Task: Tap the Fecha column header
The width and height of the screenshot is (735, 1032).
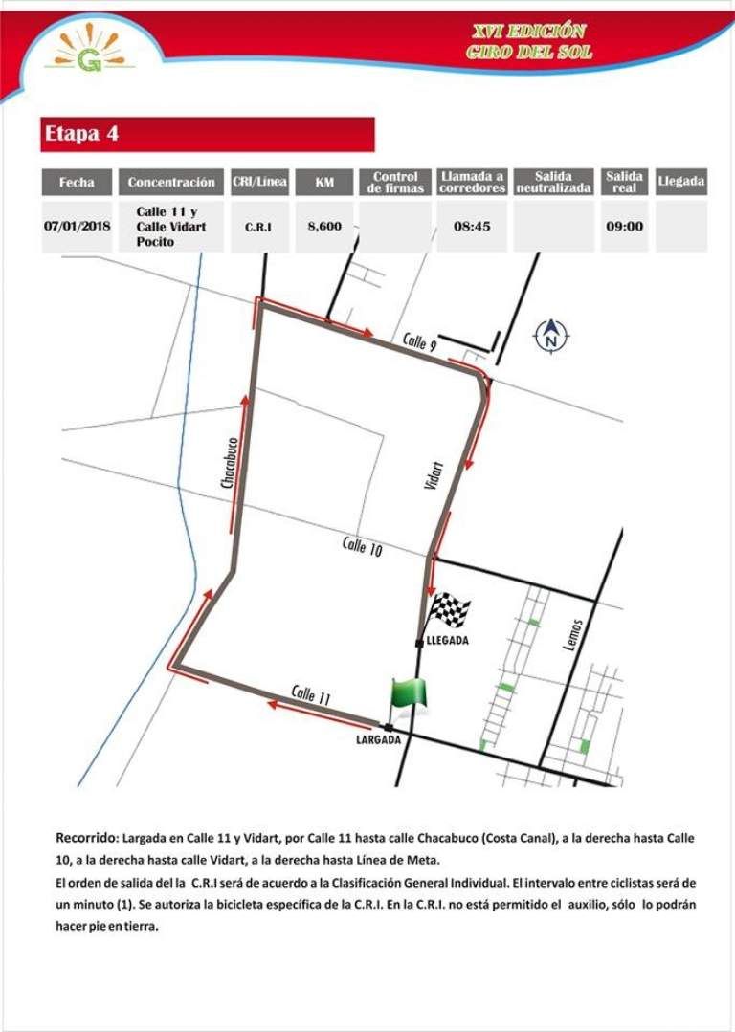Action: (77, 182)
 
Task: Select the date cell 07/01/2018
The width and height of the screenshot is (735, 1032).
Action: (77, 227)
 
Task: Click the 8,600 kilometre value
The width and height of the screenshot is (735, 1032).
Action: (324, 227)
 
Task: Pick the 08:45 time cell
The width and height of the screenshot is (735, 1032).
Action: (472, 227)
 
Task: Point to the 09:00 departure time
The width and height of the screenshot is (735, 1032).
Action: (624, 227)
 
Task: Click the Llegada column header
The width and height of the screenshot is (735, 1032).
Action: (681, 181)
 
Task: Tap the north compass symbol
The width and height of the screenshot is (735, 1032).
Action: (550, 336)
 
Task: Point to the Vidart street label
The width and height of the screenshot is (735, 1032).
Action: (434, 476)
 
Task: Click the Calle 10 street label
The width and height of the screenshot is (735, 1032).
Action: (363, 546)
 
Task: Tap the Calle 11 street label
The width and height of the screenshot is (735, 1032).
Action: (311, 694)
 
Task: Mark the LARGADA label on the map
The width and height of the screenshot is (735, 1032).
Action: (378, 739)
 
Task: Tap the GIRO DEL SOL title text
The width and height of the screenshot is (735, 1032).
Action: (528, 52)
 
